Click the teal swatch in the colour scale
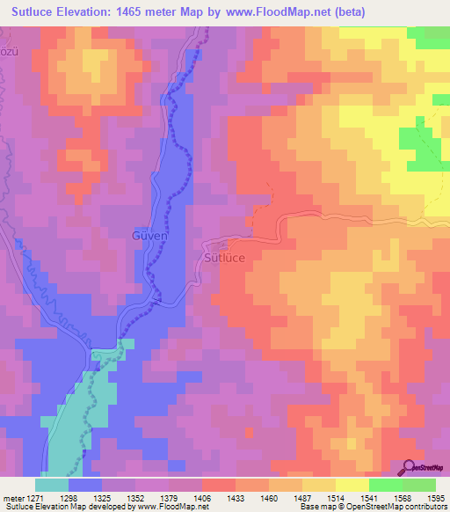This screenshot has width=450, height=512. click(52, 484)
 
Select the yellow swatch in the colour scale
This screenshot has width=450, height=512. click(352, 484)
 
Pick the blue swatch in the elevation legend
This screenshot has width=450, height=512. click(85, 484)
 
